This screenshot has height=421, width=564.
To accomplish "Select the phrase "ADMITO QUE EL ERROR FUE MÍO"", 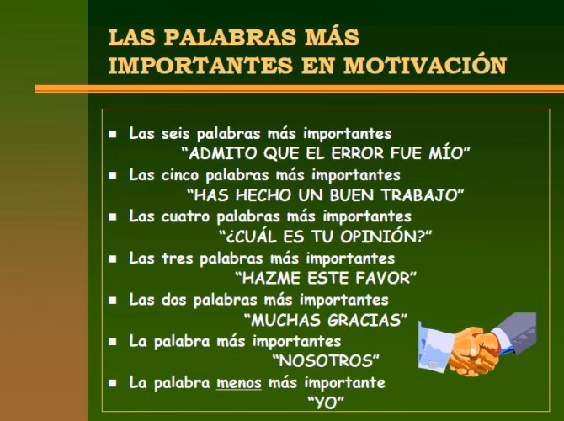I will click(x=326, y=154).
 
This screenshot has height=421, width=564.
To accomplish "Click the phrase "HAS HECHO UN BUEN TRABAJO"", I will click(x=326, y=195).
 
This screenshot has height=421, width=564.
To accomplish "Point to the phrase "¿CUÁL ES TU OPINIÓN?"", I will click(x=325, y=237).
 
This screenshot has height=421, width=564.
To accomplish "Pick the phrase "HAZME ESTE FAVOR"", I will click(x=326, y=278).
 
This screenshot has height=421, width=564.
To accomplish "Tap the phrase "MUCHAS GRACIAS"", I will click(x=326, y=320).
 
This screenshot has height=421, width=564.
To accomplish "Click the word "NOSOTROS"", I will click(x=326, y=360).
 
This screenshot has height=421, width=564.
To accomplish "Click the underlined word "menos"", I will click(x=239, y=382).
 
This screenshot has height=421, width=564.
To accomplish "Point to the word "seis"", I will click(x=178, y=134).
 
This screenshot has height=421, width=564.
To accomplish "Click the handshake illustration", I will click(x=476, y=341).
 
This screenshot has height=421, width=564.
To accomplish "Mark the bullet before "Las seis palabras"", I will click(x=113, y=135).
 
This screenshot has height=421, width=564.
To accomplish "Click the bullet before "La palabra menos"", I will click(x=113, y=383).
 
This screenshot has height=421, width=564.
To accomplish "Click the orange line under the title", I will click(x=299, y=88).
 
